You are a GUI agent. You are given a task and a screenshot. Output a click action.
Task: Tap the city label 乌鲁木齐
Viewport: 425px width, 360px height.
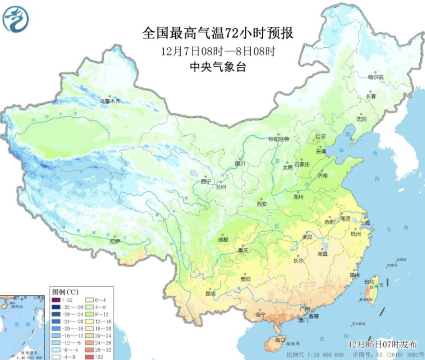pyautogui.click(x=110, y=101)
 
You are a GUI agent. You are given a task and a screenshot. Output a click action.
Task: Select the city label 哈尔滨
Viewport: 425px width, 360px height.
pyautogui.click(x=376, y=77)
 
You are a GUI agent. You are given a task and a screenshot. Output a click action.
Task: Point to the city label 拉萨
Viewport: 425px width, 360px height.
pyautogui.click(x=115, y=241)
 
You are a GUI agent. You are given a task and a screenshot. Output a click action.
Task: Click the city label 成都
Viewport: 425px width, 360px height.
pyautogui.click(x=223, y=239)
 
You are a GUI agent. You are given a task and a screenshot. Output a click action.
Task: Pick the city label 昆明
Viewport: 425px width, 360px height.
pyautogui.click(x=210, y=293)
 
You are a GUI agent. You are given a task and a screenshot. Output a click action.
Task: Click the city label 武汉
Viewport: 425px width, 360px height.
pyautogui.click(x=307, y=237)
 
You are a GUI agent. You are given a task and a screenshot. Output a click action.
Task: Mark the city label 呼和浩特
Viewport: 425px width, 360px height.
pyautogui.click(x=279, y=139)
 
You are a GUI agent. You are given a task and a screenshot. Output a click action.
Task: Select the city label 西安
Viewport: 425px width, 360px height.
pyautogui.click(x=262, y=203)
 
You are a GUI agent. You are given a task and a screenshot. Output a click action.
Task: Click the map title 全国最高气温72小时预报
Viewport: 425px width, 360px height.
pyautogui.click(x=218, y=33)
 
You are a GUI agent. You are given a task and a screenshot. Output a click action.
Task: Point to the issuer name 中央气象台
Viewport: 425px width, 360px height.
pyautogui.click(x=218, y=67)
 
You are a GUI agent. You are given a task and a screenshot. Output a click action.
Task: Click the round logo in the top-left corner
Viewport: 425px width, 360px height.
pyautogui.click(x=15, y=19)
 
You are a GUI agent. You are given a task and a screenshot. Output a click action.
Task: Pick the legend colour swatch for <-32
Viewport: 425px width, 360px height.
pyautogui.click(x=56, y=300)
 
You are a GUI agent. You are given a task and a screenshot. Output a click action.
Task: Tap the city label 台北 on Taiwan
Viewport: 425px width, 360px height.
pyautogui.click(x=370, y=281)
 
